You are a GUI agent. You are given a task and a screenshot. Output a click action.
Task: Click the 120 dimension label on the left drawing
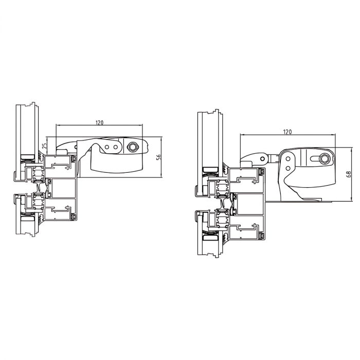point(99,122)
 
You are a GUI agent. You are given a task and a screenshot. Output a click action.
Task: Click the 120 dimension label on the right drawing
point(287,132)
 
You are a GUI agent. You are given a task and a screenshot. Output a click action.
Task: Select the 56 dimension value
point(159,156)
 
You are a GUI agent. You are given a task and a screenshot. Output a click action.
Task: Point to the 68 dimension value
point(349,174)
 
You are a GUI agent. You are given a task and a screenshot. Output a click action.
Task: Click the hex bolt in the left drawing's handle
point(132,147)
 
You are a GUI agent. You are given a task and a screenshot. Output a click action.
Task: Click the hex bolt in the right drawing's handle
point(325,158)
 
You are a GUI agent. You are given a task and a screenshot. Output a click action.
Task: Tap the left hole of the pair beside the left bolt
point(107,147)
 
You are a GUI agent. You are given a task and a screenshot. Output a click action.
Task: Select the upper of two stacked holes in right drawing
point(287,158)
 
